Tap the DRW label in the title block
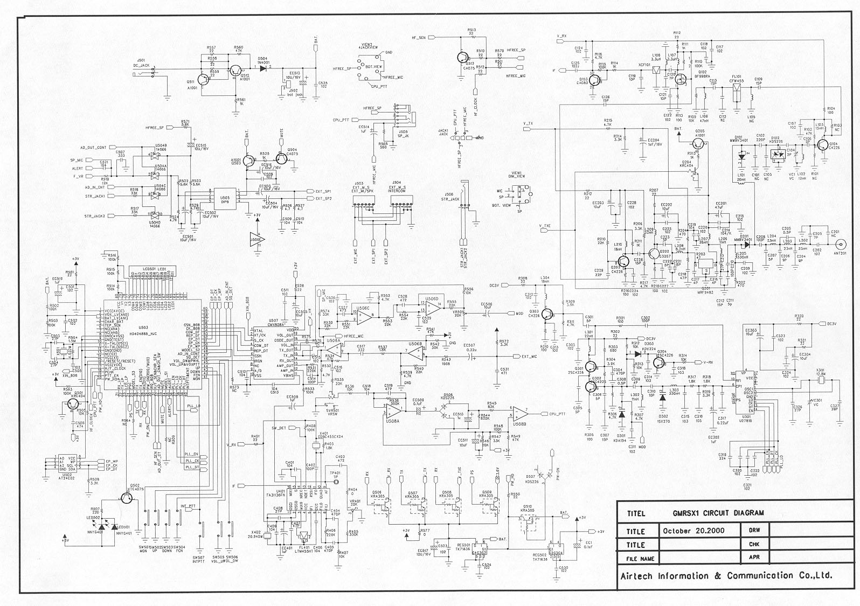point(754,531)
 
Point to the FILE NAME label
point(640,559)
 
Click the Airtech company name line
point(726,576)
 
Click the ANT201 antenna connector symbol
point(838,243)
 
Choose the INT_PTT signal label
point(188,506)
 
